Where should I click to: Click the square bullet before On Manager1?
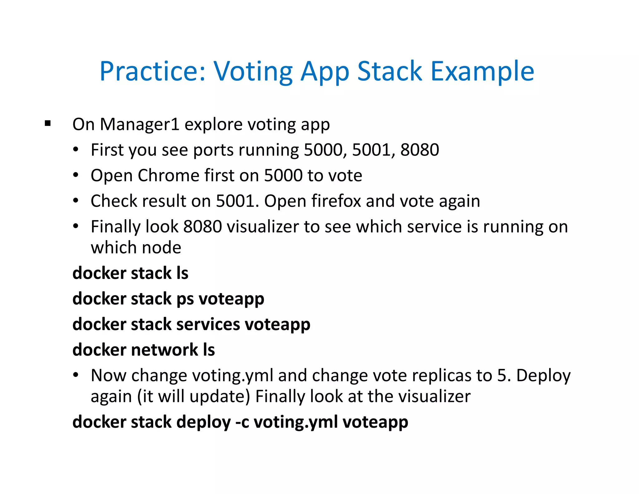point(48,123)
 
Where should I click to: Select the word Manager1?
point(139,124)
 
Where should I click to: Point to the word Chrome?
point(168,175)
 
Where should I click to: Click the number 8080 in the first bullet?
point(419,150)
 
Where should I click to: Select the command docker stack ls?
point(130,273)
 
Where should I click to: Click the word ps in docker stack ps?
point(185,299)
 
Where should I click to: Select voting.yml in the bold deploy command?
point(295,422)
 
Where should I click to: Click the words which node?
point(136,248)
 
